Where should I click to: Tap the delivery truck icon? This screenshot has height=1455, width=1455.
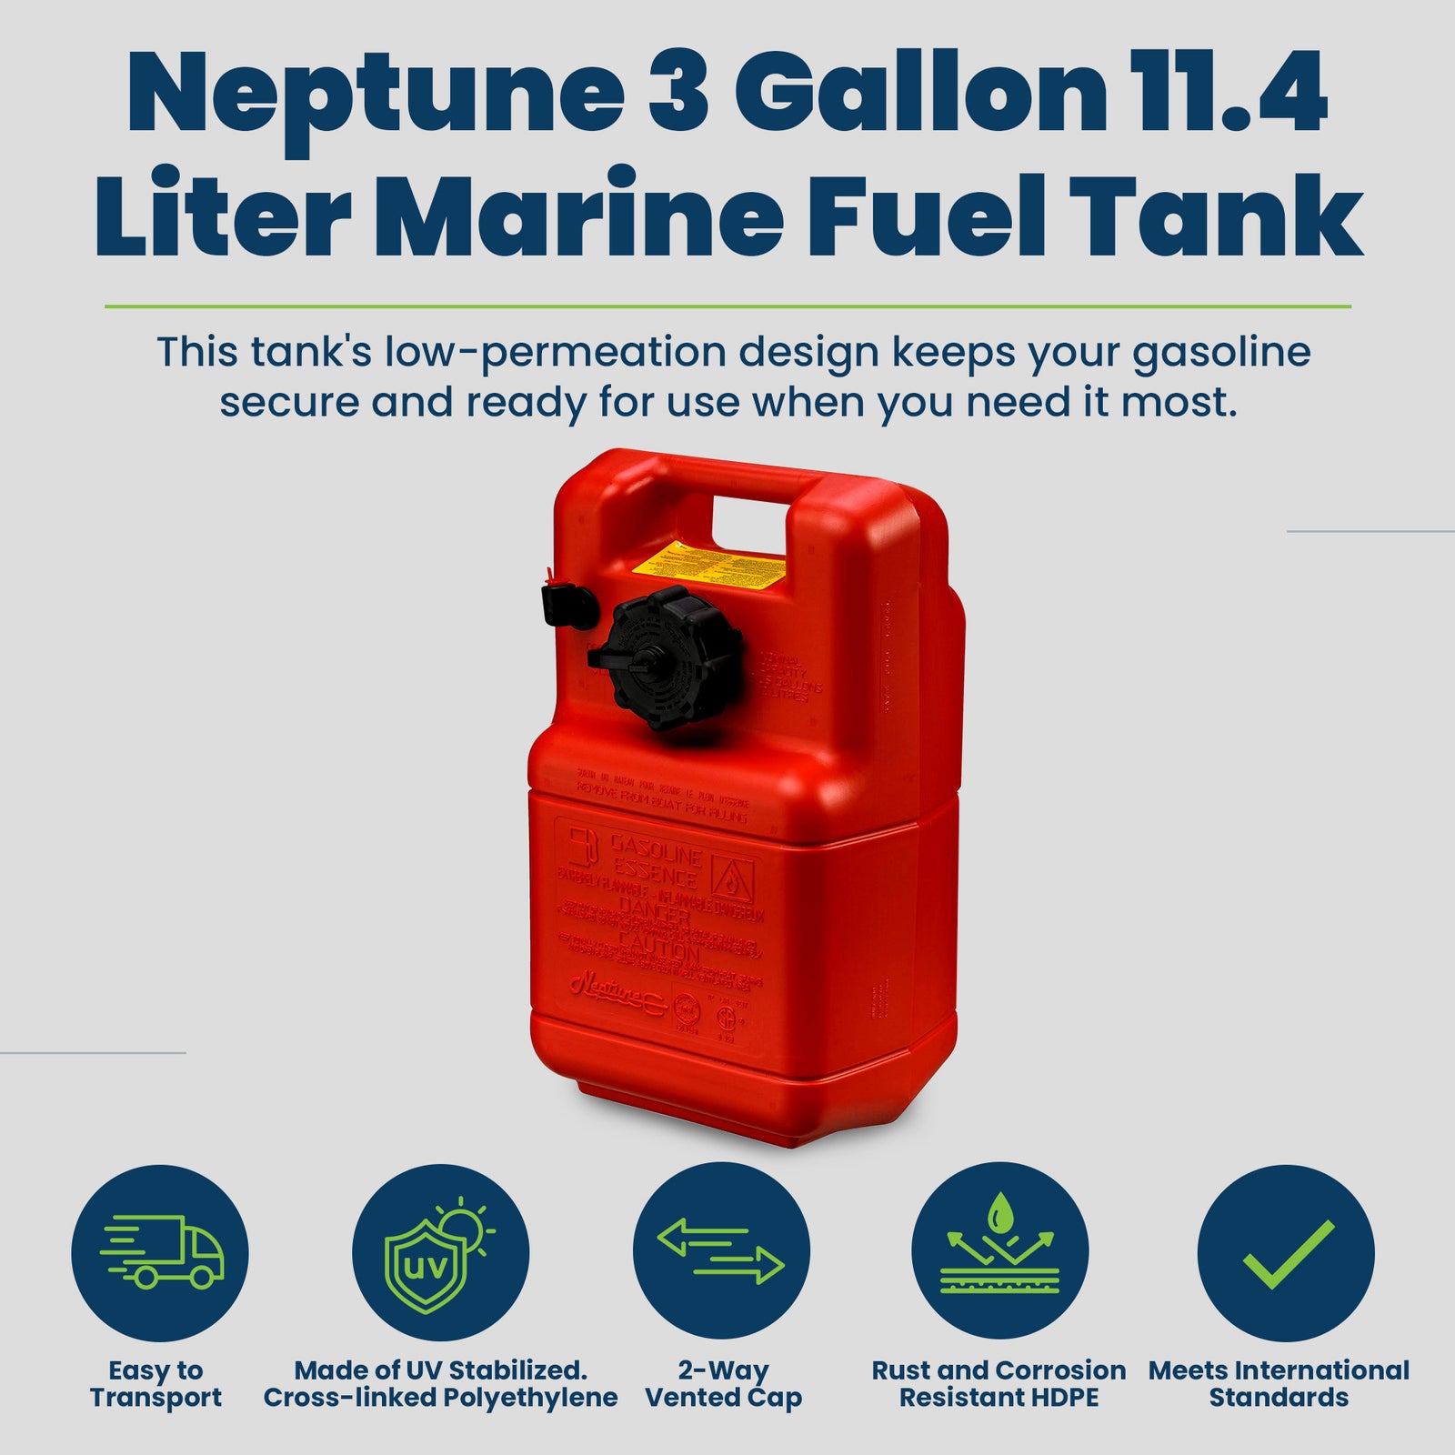[x=160, y=1252]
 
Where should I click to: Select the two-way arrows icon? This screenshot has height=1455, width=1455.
[x=720, y=1252]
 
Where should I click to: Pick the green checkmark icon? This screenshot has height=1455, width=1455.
[x=1284, y=1252]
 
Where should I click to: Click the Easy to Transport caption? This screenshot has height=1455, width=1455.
[x=156, y=1383]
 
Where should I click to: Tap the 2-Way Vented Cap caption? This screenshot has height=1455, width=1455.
[x=723, y=1383]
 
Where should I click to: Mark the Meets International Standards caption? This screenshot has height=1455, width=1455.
[x=1279, y=1383]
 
